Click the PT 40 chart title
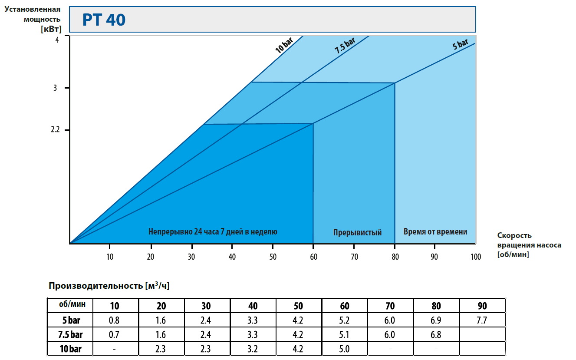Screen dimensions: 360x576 point(104,20)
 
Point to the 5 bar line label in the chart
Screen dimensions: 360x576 point(461,44)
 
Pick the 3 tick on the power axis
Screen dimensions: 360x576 point(56,88)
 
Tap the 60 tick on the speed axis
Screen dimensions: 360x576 point(313,257)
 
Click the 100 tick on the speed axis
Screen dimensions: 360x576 point(476,257)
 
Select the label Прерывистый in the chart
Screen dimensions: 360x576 point(357,232)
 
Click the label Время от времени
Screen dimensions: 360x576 point(435,231)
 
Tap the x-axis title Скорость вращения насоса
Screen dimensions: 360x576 point(529,245)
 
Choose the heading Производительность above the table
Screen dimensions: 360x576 point(108,285)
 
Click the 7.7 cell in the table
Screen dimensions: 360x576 point(482,321)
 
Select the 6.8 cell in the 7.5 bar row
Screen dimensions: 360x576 point(436,335)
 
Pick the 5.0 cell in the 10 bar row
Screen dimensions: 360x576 point(345,349)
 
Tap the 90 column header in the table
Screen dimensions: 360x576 point(482,306)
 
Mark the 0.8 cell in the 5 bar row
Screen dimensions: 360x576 point(114,321)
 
